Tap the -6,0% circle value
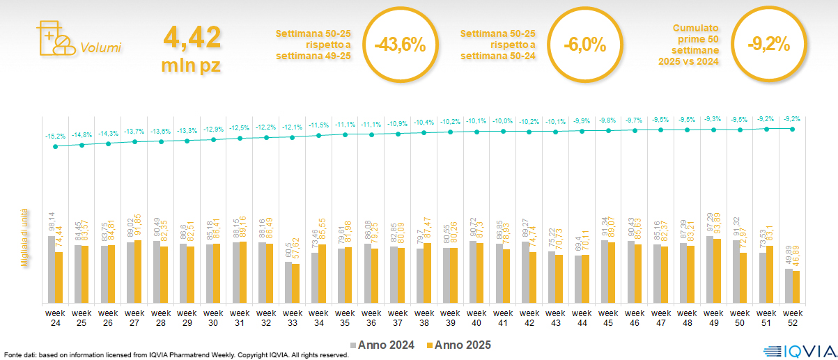click(x=584, y=45)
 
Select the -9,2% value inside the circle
click(x=768, y=45)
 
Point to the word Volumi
click(x=100, y=48)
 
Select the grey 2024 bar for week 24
click(x=52, y=269)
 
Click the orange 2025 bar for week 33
click(x=295, y=283)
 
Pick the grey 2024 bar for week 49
click(x=710, y=269)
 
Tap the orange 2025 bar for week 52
click(x=796, y=287)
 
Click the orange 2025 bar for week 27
click(x=138, y=272)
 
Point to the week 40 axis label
click(x=476, y=318)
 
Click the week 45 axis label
click(x=607, y=318)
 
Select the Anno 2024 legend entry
click(x=382, y=345)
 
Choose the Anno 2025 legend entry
click(x=458, y=345)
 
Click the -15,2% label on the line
click(x=55, y=136)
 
